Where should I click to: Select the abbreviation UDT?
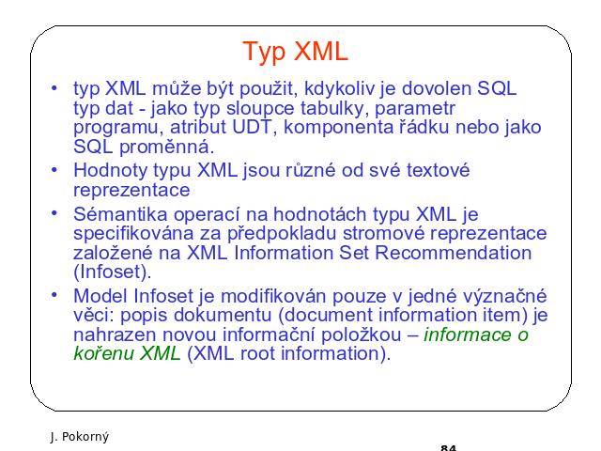tap(252, 127)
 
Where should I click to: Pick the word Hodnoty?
tap(111, 171)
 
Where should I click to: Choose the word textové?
tap(438, 170)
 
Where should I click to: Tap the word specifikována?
tap(133, 234)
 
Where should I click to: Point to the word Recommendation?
tap(453, 253)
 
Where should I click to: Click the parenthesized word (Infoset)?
tap(111, 272)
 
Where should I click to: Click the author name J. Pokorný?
tap(79, 437)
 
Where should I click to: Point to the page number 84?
tap(449, 447)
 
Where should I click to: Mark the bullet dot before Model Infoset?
tap(54, 294)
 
